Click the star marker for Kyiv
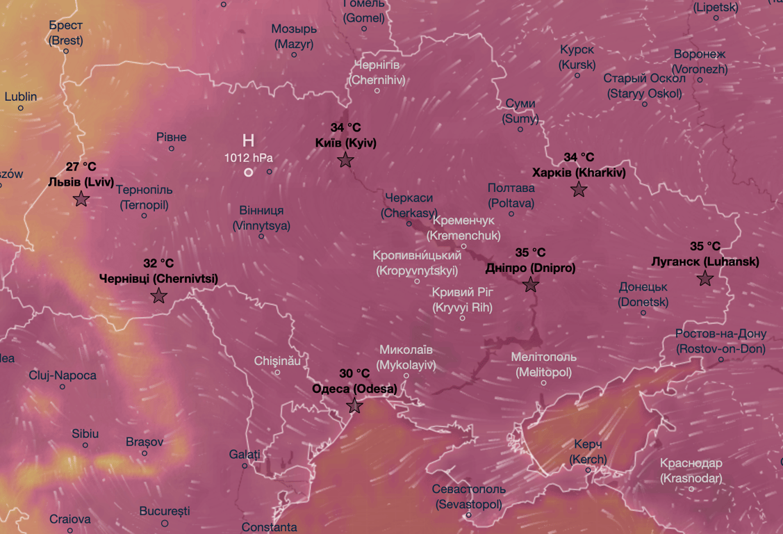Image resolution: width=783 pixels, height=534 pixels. point(345,161)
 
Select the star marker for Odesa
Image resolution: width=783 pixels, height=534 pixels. point(354,406)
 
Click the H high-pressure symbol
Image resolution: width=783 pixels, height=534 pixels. point(248,140)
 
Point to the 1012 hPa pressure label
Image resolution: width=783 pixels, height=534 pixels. point(248,158)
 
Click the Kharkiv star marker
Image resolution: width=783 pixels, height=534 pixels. point(579,189)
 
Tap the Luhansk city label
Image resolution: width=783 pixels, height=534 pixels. point(705,262)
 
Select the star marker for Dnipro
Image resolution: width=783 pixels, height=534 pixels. point(531,284)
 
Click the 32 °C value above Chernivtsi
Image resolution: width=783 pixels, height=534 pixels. point(158,264)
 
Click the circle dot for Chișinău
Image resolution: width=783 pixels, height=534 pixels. point(277,373)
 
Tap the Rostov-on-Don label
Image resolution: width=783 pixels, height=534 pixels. point(720,341)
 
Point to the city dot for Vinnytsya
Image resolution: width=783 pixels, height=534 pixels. point(261,236)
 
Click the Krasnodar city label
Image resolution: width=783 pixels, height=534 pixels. point(691,471)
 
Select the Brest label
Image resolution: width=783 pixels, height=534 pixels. point(66,33)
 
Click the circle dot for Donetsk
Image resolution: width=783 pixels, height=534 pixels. point(643,313)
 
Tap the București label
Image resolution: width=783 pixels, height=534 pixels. point(165,511)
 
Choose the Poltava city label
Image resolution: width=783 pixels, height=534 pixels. point(511,195)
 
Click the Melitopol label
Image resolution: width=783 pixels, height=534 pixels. point(544,364)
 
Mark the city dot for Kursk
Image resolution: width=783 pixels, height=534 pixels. point(577,75)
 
